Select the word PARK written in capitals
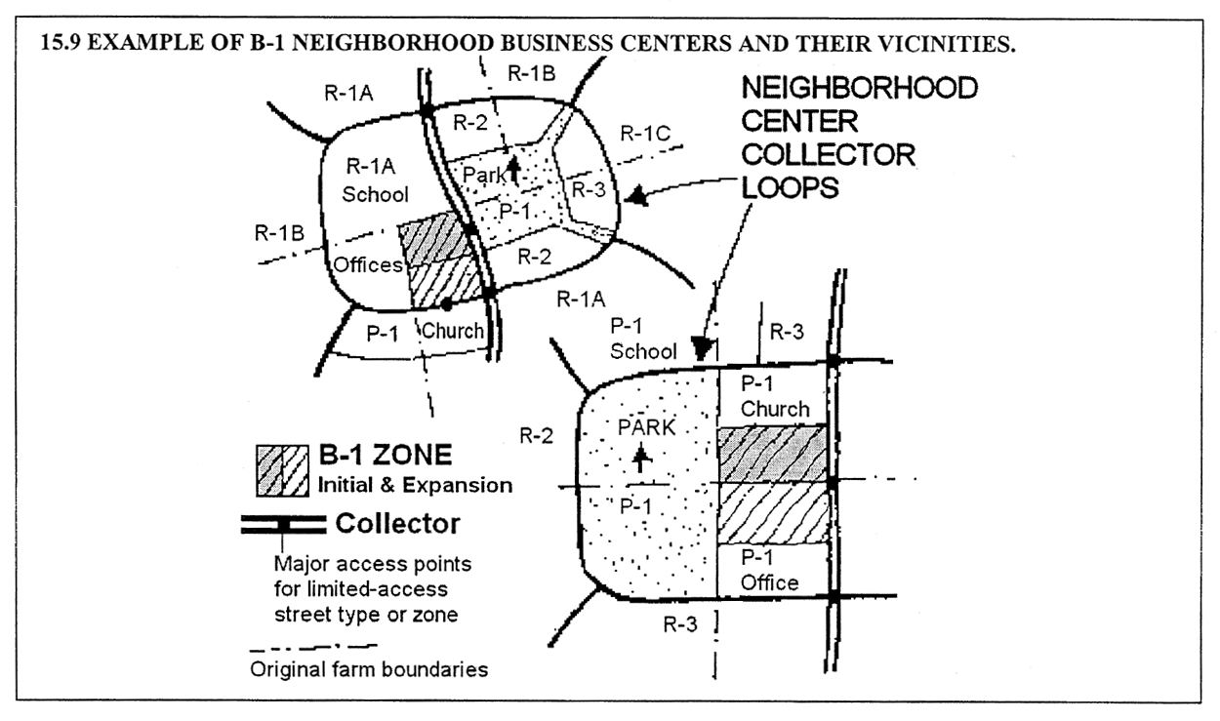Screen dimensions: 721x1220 (x=643, y=427)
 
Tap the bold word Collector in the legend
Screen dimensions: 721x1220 (x=397, y=524)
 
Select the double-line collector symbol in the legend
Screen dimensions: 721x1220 (x=282, y=525)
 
